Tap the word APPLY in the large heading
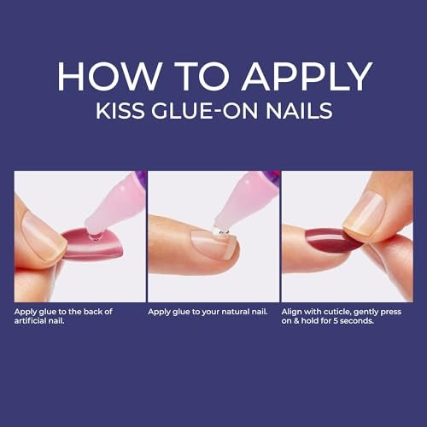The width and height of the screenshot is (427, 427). coord(306,77)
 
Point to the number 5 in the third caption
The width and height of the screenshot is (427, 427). coord(340,321)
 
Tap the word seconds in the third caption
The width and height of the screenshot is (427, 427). coord(361,321)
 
